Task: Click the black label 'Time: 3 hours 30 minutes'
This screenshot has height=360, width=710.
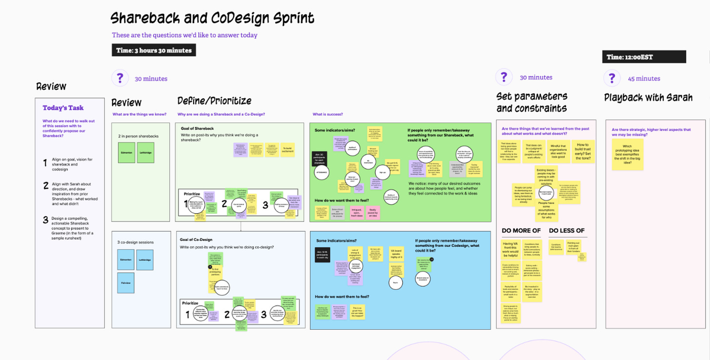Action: (154, 50)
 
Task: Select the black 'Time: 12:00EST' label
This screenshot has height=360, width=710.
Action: (644, 57)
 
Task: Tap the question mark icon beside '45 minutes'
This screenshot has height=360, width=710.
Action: (611, 79)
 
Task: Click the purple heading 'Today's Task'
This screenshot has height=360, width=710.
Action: (63, 108)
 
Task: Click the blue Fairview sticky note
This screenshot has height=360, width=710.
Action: (126, 282)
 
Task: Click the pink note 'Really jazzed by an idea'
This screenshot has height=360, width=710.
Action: (372, 212)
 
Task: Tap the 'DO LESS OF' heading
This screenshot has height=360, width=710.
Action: (567, 230)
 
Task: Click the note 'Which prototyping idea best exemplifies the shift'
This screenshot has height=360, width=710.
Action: (628, 155)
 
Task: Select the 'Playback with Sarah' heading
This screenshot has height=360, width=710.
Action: (648, 98)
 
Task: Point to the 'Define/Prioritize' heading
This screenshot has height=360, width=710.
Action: (214, 101)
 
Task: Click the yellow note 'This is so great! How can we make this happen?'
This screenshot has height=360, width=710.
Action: (357, 312)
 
